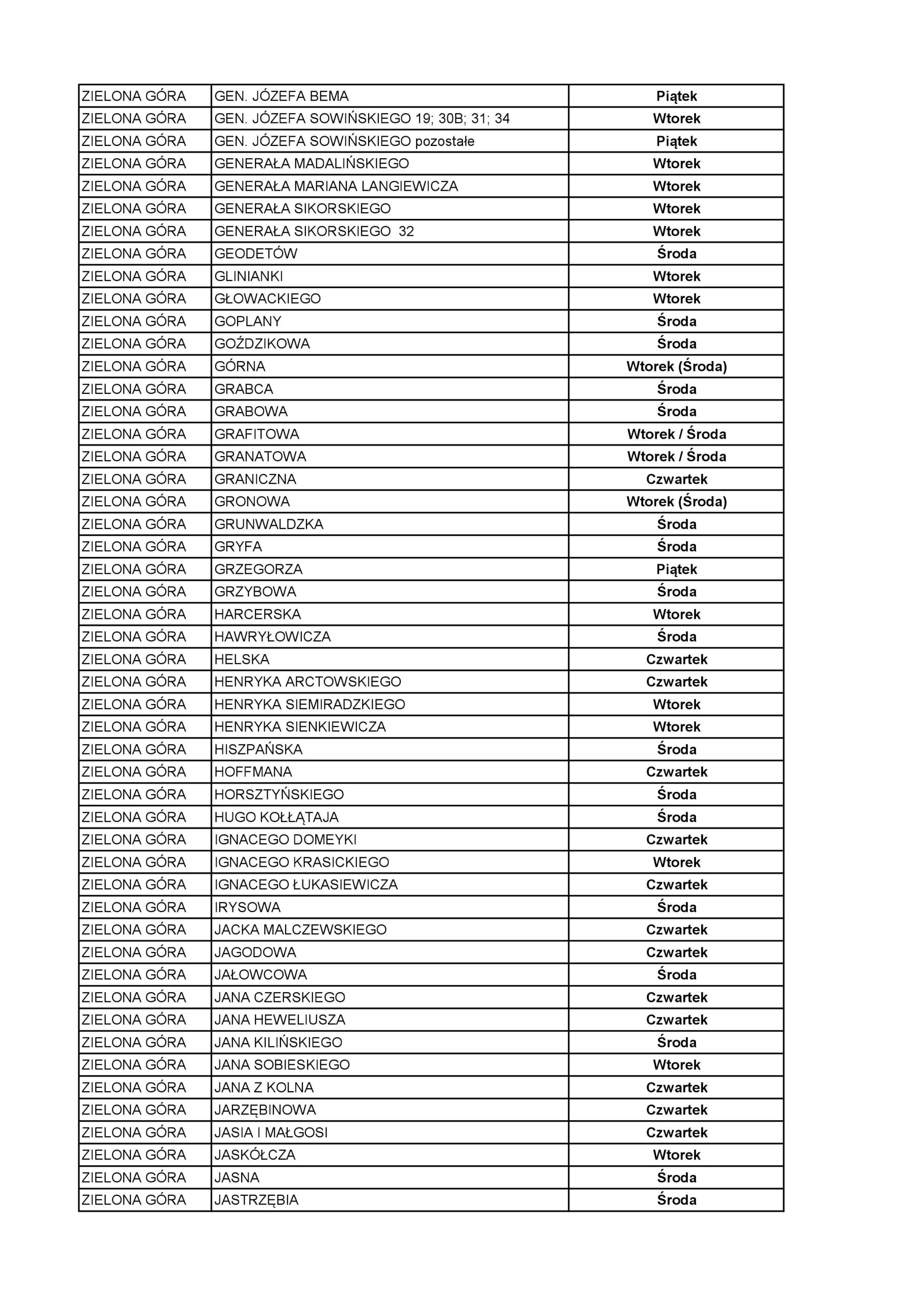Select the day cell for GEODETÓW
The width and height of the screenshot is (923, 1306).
[x=676, y=254]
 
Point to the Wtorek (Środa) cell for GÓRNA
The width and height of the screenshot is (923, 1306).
[x=676, y=366]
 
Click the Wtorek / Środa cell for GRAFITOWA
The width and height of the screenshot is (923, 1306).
[x=676, y=434]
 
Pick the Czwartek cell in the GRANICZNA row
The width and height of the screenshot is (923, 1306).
[x=676, y=479]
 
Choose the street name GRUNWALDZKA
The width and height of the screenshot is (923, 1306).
[x=268, y=524]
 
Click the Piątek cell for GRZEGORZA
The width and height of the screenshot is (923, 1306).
[x=676, y=569]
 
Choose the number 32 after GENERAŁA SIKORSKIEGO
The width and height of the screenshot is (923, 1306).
[x=406, y=232]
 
